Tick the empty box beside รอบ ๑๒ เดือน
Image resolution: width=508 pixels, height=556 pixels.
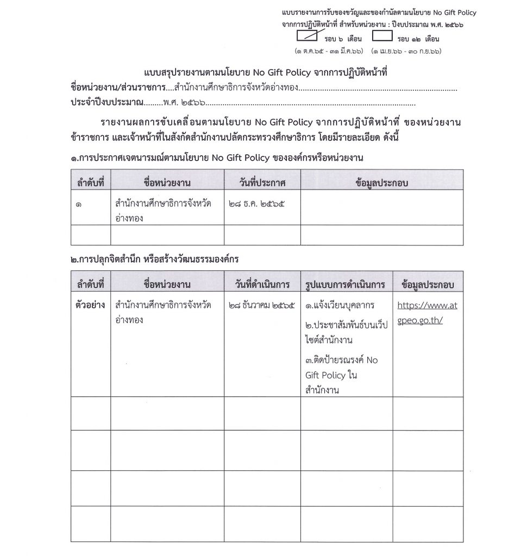coord(382,37)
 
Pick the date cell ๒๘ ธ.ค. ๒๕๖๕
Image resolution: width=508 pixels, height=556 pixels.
coord(257,204)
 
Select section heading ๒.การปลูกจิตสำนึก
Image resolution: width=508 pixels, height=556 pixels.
coord(154,260)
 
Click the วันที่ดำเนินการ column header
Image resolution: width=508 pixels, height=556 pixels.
coord(262,285)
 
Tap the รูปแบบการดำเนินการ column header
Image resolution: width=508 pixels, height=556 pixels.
coord(346,285)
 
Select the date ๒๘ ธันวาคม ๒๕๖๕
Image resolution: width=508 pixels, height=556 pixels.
coord(262,305)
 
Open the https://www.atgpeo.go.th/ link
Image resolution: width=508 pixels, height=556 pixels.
coord(427,312)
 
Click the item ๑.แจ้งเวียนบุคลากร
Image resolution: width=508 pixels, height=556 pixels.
coord(340,305)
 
